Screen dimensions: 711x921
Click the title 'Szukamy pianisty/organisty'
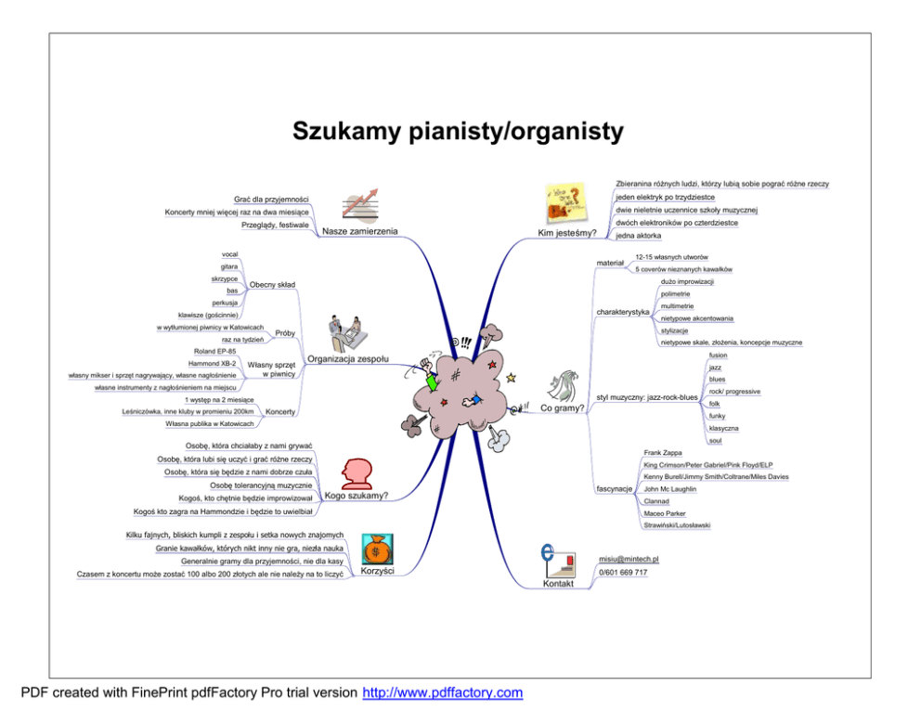tap(458, 132)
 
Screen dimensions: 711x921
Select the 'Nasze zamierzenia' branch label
tap(359, 231)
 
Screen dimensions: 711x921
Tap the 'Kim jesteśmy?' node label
tap(567, 233)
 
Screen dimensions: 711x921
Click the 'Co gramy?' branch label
tap(563, 407)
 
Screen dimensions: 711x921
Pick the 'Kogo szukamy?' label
tap(356, 495)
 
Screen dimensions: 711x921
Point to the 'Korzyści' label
tap(377, 571)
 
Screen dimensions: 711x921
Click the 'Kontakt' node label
tap(559, 584)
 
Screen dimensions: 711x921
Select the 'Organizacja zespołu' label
tap(348, 358)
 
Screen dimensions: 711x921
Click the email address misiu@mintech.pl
tap(629, 560)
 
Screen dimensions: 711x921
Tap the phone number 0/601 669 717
tap(623, 573)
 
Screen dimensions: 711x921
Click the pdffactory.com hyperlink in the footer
tap(442, 692)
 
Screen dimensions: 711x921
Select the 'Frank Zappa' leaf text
tap(663, 452)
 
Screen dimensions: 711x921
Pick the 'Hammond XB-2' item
tap(214, 363)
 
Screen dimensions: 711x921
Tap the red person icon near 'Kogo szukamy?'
tap(357, 472)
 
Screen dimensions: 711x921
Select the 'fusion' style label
tap(718, 355)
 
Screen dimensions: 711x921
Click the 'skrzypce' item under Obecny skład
tap(225, 278)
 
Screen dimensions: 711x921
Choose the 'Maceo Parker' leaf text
tap(665, 513)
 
